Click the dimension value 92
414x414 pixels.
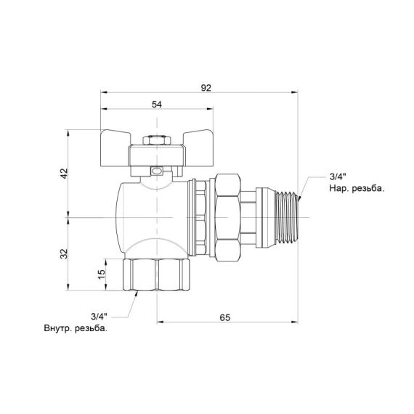point(206,87)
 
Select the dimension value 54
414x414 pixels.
point(156,104)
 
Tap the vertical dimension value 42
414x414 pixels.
point(63,174)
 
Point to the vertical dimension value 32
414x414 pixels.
point(63,253)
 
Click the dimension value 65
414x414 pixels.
point(224,317)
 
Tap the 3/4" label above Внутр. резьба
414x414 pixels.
point(100,316)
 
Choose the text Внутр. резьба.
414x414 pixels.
point(76,328)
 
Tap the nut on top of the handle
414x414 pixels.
point(152,139)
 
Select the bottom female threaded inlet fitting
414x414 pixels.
point(157,275)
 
